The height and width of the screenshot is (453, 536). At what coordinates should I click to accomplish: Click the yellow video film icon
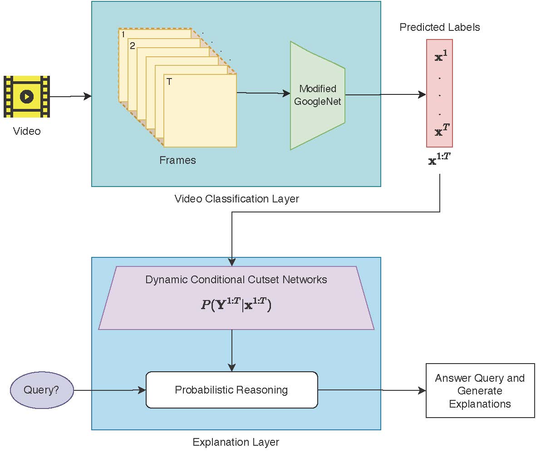coord(26,97)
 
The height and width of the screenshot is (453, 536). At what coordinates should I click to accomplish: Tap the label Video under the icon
coord(27,132)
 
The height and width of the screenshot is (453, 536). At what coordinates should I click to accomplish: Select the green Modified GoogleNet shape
coord(318,95)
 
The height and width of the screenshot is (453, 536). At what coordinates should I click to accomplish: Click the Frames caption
coord(177,160)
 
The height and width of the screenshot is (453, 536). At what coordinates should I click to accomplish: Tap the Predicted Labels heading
coord(439,27)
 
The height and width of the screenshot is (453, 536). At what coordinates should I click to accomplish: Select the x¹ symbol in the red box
coord(439,58)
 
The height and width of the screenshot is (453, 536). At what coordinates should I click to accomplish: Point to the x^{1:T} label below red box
coord(439,160)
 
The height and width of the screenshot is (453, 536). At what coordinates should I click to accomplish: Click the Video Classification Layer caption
coord(236,199)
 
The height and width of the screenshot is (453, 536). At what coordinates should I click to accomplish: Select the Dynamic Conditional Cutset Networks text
coord(236,280)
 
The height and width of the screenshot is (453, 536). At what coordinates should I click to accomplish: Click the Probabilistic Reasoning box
coord(231,390)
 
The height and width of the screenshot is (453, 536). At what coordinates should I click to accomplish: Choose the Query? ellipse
coord(41,390)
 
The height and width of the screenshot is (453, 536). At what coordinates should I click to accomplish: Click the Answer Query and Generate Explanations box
coord(480,391)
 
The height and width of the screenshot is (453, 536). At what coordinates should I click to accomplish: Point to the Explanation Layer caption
coord(236,442)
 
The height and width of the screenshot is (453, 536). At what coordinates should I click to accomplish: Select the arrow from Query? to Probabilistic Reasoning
coord(109,390)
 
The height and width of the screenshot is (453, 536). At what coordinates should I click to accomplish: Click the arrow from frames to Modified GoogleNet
coord(263,93)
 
